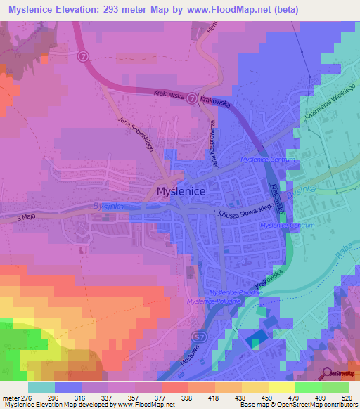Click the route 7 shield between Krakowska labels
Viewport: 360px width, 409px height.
click(192, 99)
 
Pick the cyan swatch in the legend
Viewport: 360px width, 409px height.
click(41, 387)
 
